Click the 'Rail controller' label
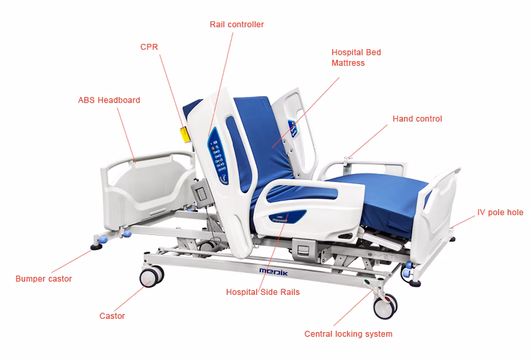pos(236,25)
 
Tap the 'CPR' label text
pos(149,47)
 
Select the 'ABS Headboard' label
pos(109,100)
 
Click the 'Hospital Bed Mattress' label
pos(356,58)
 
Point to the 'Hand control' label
pos(417,119)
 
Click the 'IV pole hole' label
pos(500,213)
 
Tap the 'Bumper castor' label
pos(44,279)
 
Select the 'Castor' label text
pos(112,316)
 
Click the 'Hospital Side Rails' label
pos(263,292)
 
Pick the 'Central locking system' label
pos(348,334)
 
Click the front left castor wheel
pos(152,277)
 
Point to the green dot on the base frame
pos(367,282)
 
